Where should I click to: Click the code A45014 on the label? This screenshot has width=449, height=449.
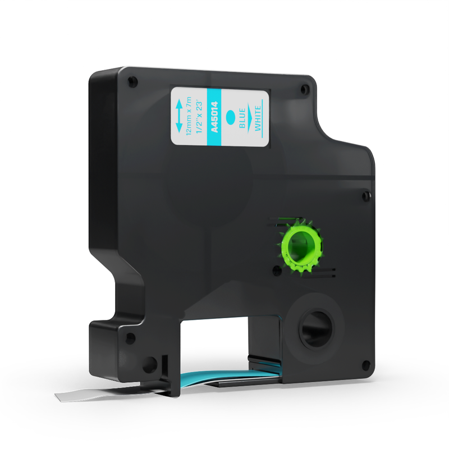[x=214, y=117]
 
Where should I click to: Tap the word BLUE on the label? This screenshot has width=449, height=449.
[x=242, y=118]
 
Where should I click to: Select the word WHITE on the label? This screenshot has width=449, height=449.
[x=258, y=118]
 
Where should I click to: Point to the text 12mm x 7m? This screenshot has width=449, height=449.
[x=189, y=116]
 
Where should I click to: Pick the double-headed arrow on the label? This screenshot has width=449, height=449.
[x=178, y=116]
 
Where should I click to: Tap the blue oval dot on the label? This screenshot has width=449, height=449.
[x=230, y=117]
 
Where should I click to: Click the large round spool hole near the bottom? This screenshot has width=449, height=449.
[x=317, y=328]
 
